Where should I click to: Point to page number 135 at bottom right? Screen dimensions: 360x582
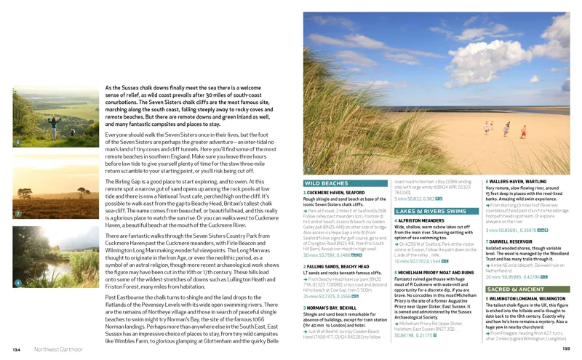coord(566,349)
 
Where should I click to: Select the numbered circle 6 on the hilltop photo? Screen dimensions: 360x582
coord(17,143)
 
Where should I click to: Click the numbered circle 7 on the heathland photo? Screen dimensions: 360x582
coord(17,214)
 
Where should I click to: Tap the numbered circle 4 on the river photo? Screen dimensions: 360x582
coord(17,281)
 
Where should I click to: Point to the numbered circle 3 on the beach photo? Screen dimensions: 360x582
coord(308,169)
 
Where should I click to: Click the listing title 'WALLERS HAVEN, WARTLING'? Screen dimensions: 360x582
coord(517,181)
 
